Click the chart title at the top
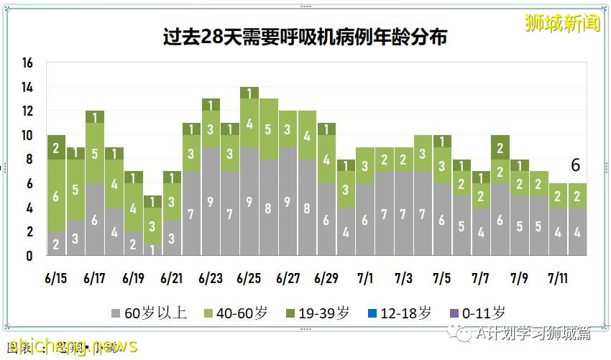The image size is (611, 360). [305, 37]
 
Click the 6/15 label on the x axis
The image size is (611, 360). [55, 278]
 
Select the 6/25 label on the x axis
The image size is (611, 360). [249, 278]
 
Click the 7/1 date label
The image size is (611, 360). [364, 278]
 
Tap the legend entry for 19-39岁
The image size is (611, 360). [315, 313]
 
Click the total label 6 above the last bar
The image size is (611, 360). [575, 166]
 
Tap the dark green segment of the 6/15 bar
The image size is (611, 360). [56, 147]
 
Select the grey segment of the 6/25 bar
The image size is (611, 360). [249, 201]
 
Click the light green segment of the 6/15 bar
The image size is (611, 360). [56, 195]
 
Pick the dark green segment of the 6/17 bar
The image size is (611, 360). [95, 116]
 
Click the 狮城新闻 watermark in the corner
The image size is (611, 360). [562, 23]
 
